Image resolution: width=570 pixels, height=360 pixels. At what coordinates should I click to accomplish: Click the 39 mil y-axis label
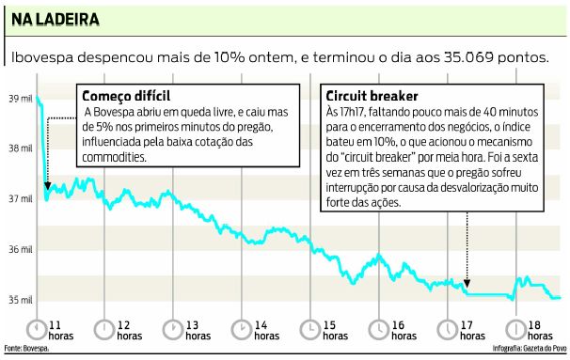[19, 98]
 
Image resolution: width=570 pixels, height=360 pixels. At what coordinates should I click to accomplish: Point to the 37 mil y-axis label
[19, 199]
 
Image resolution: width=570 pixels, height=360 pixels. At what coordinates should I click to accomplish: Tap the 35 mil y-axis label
[19, 300]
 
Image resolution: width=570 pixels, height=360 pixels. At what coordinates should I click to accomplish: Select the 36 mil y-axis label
[19, 250]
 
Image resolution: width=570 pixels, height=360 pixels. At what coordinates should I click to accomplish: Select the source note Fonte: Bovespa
[25, 351]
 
